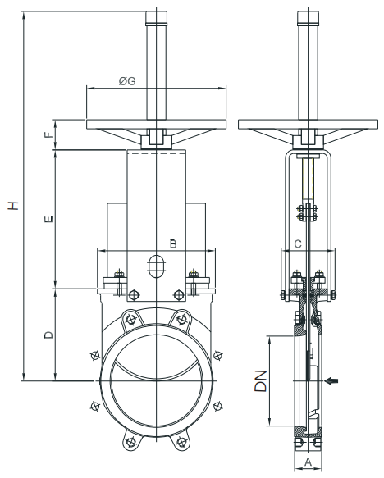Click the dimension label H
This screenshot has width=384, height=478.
tap(13, 205)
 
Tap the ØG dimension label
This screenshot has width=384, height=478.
tap(127, 81)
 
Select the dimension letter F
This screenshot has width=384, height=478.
tap(48, 134)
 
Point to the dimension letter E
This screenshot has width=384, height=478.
tap(48, 219)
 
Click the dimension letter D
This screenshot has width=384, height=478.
tap(48, 335)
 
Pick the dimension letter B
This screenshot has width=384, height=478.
tap(173, 244)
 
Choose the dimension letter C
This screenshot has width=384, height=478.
tap(298, 244)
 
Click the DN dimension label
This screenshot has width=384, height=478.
tap(261, 380)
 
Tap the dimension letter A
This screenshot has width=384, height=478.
tap(309, 462)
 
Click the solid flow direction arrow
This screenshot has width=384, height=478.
tap(331, 380)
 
